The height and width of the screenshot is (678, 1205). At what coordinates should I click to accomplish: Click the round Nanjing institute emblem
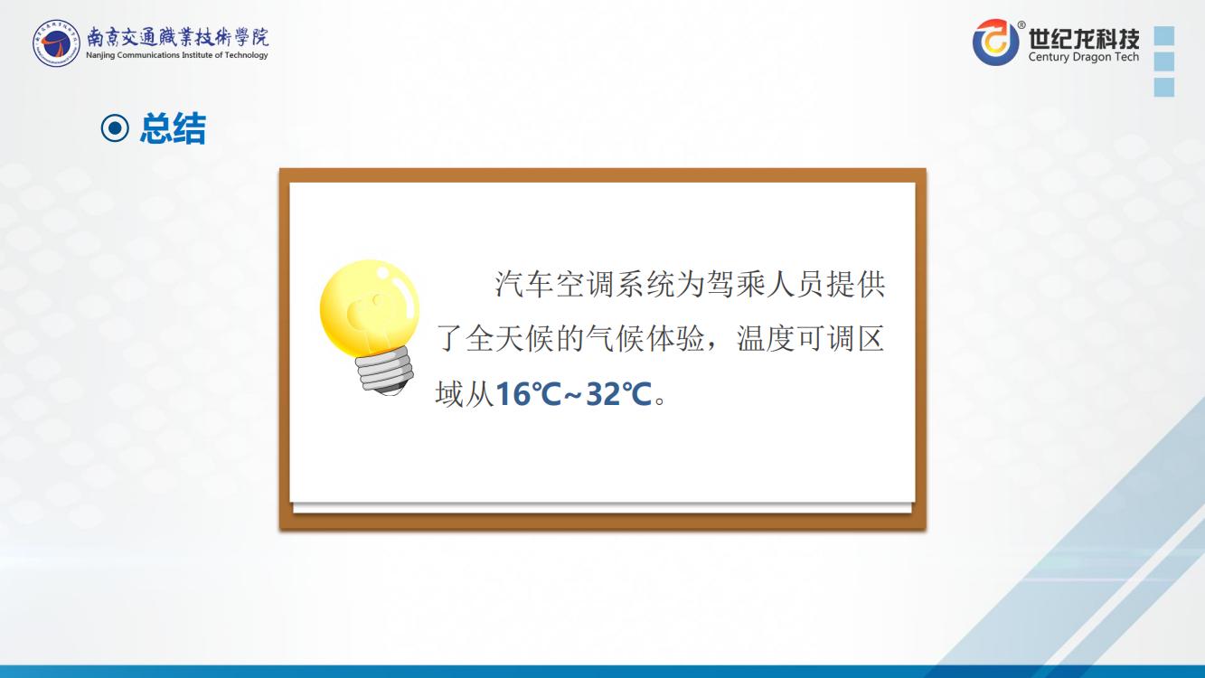tap(56, 43)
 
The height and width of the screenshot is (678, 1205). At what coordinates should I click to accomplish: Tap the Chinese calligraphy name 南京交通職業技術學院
tap(177, 37)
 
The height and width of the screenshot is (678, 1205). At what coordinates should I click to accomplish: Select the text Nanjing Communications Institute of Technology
tap(177, 55)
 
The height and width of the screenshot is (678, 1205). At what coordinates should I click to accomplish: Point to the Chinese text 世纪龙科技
tap(1084, 38)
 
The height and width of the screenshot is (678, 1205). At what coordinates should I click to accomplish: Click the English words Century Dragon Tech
tap(1084, 57)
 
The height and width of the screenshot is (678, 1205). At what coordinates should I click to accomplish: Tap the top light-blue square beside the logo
tap(1164, 35)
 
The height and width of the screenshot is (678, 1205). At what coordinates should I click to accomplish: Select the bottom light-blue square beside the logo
tap(1164, 87)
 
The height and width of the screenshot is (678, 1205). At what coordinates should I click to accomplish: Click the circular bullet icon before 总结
tap(115, 128)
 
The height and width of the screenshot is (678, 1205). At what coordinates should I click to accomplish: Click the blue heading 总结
tap(173, 128)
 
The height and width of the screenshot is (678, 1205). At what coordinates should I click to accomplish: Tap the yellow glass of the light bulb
tap(370, 307)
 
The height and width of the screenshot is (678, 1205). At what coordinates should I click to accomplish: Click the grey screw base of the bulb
tap(385, 371)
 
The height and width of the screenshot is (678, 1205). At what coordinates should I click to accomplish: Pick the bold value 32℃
tap(619, 394)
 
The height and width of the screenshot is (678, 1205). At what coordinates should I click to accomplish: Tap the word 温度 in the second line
tap(766, 339)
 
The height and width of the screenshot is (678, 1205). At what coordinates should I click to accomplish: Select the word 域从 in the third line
tap(465, 394)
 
